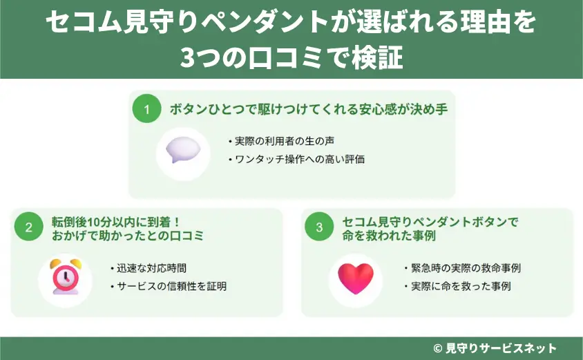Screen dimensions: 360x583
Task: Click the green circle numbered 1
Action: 146,109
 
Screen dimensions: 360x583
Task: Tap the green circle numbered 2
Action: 29,228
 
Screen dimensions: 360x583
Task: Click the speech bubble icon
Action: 183,150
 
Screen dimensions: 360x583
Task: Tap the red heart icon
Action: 355,276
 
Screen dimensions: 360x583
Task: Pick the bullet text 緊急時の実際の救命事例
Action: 466,267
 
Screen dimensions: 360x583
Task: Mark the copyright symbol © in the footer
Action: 437,348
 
